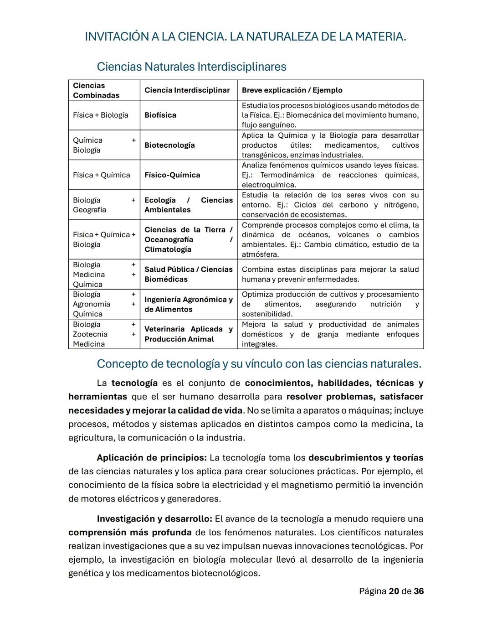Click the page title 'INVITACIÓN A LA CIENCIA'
click(x=245, y=36)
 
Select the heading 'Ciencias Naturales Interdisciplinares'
click(x=191, y=67)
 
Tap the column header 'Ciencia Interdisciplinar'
click(x=187, y=90)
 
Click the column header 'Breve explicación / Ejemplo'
click(x=292, y=90)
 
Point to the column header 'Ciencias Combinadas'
click(x=96, y=90)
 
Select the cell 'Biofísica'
click(x=160, y=115)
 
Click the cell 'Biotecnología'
click(x=169, y=145)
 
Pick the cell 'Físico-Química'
click(x=172, y=175)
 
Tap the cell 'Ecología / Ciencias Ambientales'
click(x=188, y=205)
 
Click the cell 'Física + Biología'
click(x=100, y=115)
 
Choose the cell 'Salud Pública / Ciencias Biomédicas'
click(x=188, y=274)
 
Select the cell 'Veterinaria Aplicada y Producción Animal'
click(x=188, y=334)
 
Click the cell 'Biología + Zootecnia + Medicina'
click(x=104, y=334)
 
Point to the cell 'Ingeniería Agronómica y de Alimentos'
click(x=188, y=304)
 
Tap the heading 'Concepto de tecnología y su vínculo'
click(x=259, y=364)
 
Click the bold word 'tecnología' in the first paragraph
click(x=134, y=383)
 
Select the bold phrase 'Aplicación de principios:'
click(x=152, y=458)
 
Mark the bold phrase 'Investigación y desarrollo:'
click(x=154, y=519)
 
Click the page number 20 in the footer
click(x=394, y=591)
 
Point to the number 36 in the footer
click(x=419, y=591)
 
